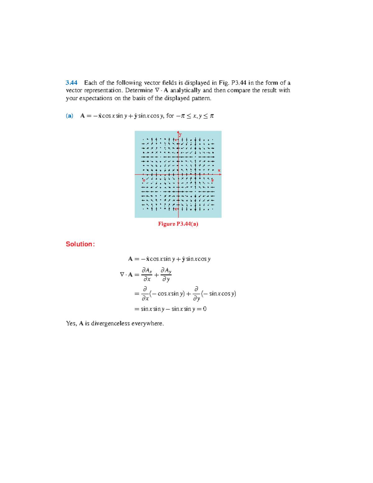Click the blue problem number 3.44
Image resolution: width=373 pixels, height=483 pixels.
pos(71,83)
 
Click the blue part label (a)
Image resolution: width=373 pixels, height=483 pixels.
pos(69,116)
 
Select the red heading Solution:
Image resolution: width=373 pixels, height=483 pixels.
pos(80,244)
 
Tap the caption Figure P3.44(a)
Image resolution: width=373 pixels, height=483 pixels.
pos(178,224)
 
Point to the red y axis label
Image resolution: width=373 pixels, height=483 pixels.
pos(180,135)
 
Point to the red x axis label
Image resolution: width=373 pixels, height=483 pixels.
pos(219,170)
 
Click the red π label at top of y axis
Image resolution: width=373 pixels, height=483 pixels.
pos(176,140)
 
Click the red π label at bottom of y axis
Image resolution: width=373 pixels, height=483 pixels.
pos(176,209)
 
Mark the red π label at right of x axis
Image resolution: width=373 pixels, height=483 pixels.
pos(213,180)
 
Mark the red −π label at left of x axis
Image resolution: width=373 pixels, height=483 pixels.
pos(144,180)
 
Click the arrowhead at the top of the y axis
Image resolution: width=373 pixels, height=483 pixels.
pos(178,132)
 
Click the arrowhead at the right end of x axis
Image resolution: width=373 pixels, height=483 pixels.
pos(220,174)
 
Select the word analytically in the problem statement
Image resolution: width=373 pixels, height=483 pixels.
pos(185,91)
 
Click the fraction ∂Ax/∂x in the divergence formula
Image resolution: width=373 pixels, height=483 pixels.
pos(147,275)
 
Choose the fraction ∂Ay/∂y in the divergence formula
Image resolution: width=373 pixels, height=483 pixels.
pos(166,275)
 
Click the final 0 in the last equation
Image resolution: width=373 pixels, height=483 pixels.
pos(205,309)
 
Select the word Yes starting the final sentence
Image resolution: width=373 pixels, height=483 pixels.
pos(71,323)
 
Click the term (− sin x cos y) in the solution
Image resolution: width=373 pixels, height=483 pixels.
pos(219,294)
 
